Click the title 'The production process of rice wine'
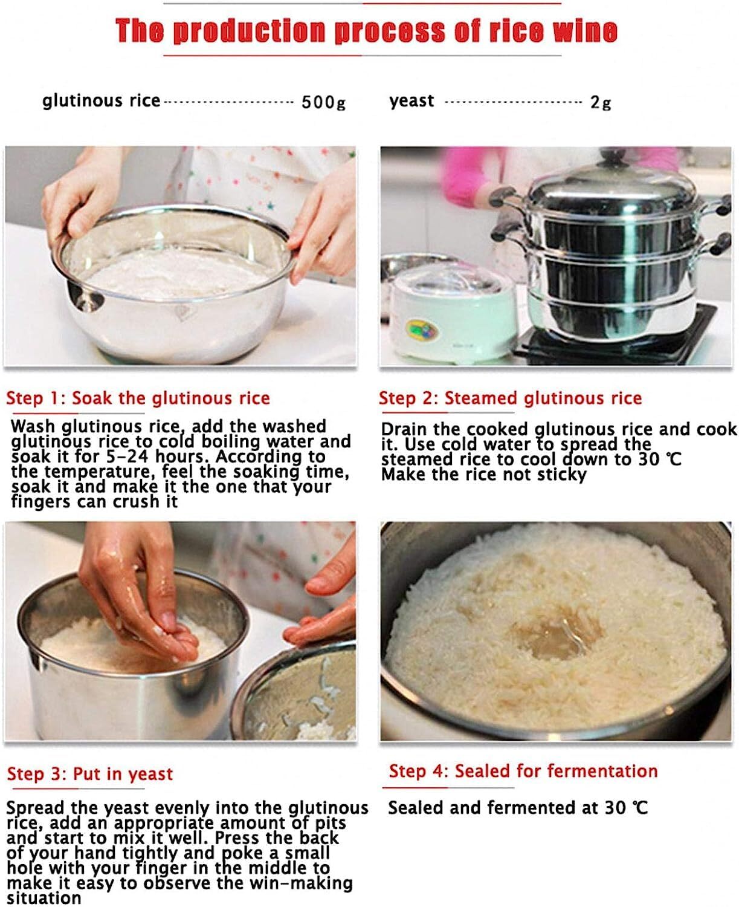coord(366,30)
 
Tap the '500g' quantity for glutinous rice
coord(323,102)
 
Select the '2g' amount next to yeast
coord(600,102)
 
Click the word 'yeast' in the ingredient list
coord(411,100)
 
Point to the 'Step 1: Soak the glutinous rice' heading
coord(138,398)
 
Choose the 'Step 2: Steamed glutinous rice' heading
coord(510,398)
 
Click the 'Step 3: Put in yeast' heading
coord(90,773)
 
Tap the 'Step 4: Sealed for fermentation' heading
coord(523,771)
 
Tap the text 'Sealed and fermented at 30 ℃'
coord(517,807)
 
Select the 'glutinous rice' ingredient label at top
coord(101,100)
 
